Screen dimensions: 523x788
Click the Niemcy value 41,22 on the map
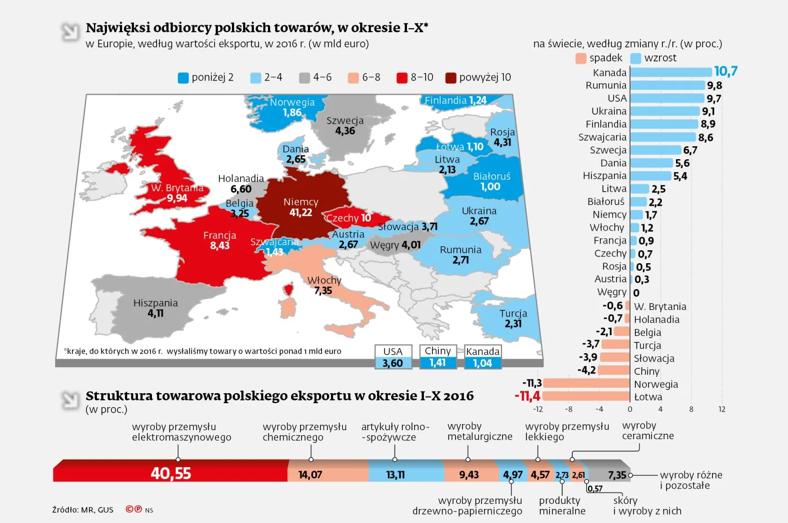tap(301, 213)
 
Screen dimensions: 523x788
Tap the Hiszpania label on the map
tap(155, 303)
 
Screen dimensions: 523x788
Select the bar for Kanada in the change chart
tap(670, 73)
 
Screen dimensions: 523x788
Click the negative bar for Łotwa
tap(586, 396)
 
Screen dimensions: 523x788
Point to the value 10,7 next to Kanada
tap(726, 71)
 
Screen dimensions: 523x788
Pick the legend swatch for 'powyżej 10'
tap(450, 78)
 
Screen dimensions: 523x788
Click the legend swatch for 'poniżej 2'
tap(183, 78)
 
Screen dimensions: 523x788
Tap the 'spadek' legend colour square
tap(581, 58)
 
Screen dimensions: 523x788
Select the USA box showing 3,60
tap(393, 358)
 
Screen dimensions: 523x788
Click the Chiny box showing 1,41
tap(437, 358)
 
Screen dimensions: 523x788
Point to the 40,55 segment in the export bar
tap(171, 474)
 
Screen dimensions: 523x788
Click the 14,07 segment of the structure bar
tap(310, 475)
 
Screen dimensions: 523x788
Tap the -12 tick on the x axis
tap(538, 409)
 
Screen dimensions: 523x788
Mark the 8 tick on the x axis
tap(691, 409)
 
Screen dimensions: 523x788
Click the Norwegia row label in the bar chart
tap(656, 384)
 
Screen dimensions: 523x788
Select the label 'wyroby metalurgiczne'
tap(480, 431)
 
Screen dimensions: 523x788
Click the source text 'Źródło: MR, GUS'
tap(83, 510)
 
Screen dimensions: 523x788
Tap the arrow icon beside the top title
tap(70, 31)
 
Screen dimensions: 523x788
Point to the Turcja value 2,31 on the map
tap(513, 324)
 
